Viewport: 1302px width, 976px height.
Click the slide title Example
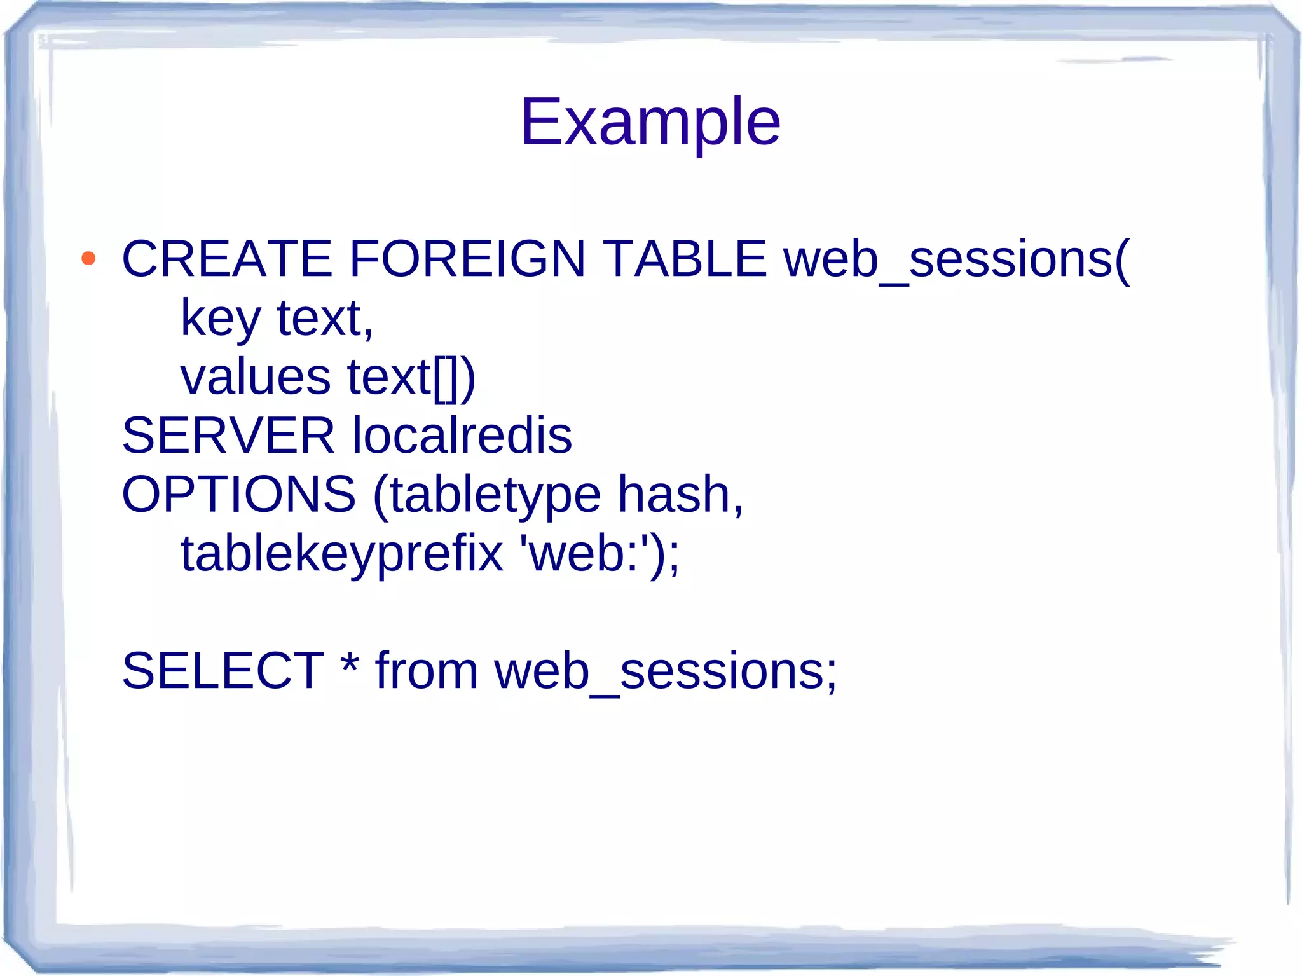click(650, 122)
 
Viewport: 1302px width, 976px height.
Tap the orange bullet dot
click(88, 259)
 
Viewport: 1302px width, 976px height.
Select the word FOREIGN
click(467, 259)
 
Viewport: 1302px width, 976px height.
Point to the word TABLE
click(685, 259)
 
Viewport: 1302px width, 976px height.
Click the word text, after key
click(325, 318)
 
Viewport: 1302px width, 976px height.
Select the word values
click(256, 377)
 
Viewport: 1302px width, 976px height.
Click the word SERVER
click(228, 436)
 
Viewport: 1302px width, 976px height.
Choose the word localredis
click(462, 436)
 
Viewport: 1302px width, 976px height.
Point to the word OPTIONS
click(238, 495)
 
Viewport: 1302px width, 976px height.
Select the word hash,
click(680, 495)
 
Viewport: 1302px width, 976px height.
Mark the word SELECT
click(223, 671)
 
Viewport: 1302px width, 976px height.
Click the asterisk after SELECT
click(350, 664)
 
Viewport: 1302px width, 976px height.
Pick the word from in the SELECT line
click(427, 671)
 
